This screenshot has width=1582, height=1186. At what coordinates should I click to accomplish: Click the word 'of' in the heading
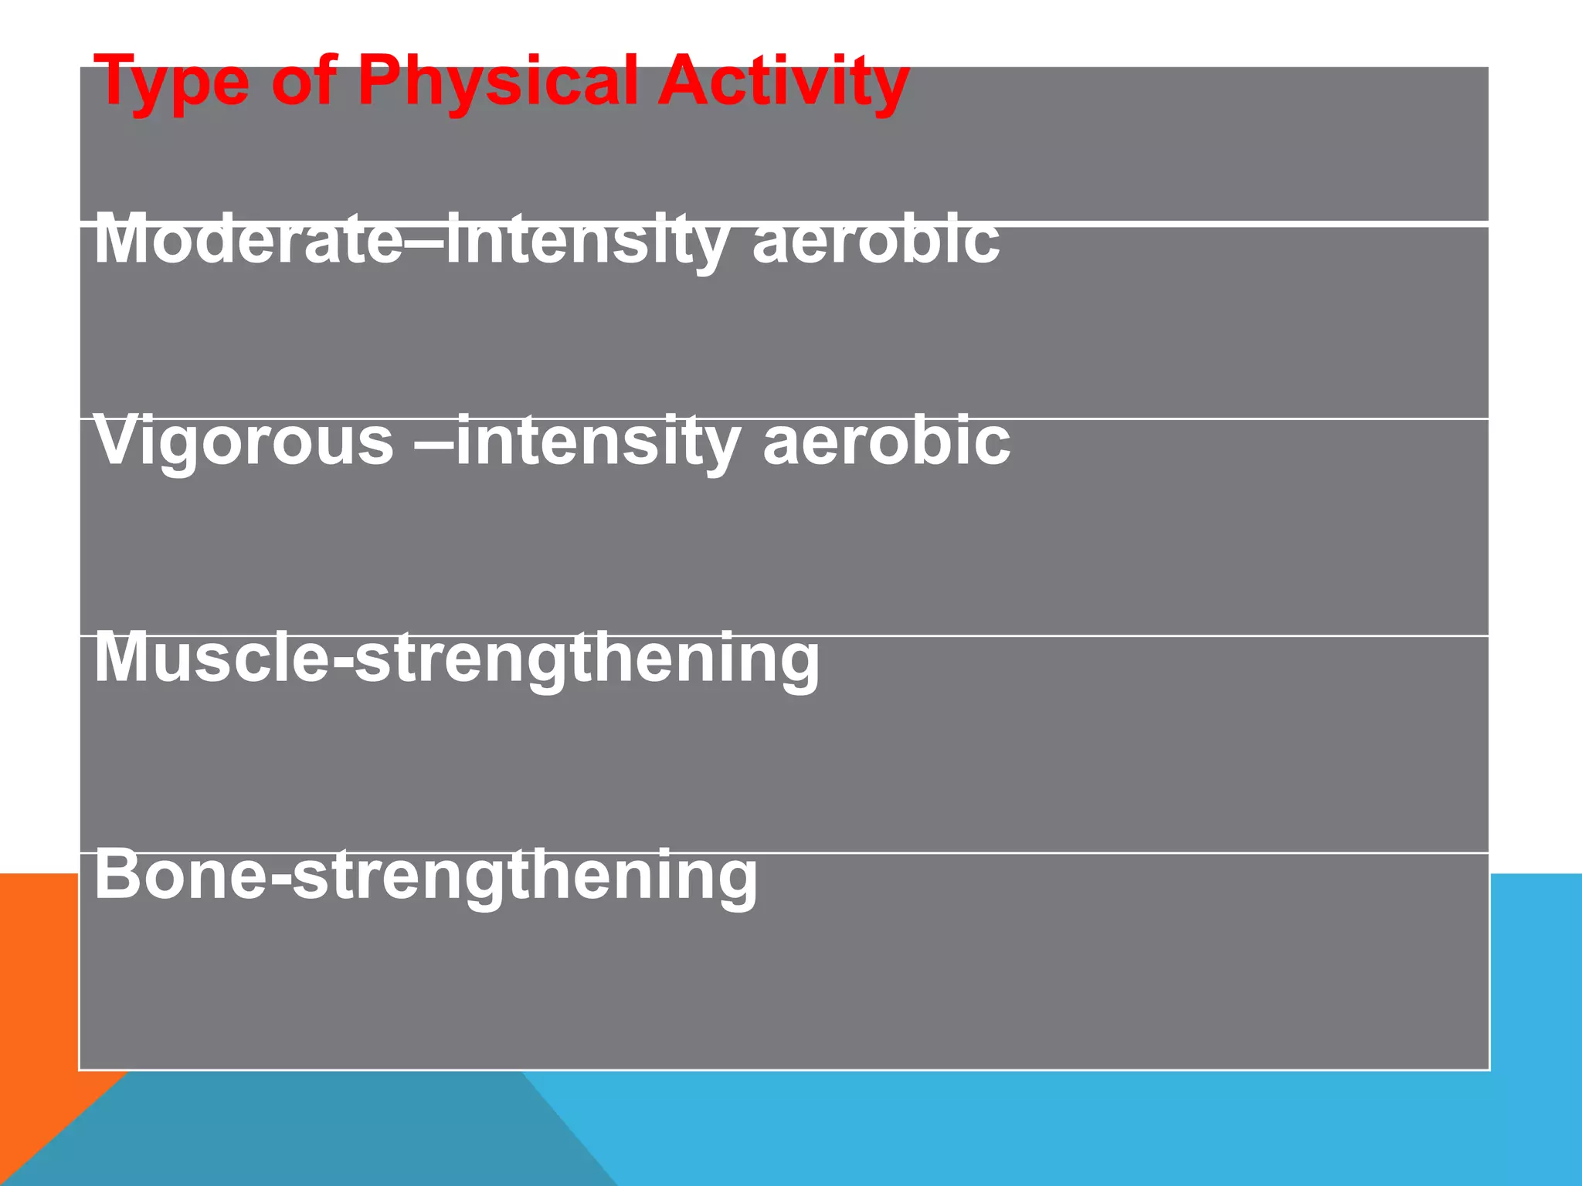303,82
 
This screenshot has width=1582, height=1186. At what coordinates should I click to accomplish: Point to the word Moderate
247,240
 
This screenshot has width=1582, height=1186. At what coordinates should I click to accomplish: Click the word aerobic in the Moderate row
876,240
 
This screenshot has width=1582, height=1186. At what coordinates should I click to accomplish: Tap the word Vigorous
243,441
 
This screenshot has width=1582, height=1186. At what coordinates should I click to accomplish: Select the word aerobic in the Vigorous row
886,441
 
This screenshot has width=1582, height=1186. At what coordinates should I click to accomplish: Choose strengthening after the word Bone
525,877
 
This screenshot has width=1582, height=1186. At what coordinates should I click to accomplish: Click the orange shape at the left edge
39,1004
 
